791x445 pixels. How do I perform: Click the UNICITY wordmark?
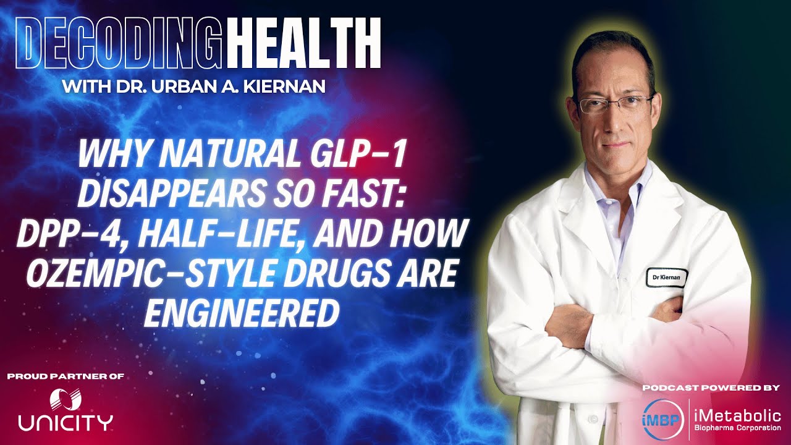[x=65, y=423]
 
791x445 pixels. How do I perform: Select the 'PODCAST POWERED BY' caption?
[x=711, y=388]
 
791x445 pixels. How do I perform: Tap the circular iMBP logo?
[x=662, y=417]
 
